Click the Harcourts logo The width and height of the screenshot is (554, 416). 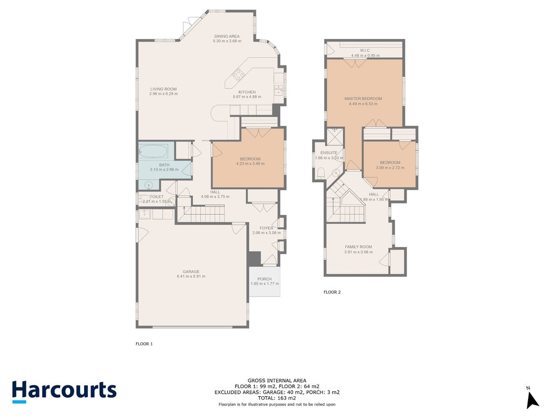click(x=64, y=392)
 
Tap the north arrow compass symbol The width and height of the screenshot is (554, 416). click(x=532, y=398)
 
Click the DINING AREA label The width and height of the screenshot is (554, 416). click(x=227, y=36)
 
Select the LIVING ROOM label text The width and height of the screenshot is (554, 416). click(x=163, y=89)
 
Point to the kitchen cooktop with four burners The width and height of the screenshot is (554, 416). click(x=238, y=75)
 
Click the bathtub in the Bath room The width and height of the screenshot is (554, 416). click(x=154, y=151)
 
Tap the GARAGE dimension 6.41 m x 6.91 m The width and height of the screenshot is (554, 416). click(x=191, y=276)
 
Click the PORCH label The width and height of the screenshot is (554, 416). click(x=265, y=279)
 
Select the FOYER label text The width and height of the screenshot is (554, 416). click(x=266, y=228)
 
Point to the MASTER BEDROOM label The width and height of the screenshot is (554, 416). click(x=363, y=99)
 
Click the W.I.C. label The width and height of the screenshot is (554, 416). click(x=366, y=50)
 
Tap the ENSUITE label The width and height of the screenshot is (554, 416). click(x=329, y=153)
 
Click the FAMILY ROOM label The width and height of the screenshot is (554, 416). click(x=358, y=247)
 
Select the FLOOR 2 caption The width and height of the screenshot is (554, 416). click(x=332, y=292)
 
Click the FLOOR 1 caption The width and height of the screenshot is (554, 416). click(x=144, y=344)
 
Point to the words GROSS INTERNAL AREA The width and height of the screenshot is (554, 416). click(x=277, y=381)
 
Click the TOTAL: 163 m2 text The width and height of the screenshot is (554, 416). click(x=277, y=398)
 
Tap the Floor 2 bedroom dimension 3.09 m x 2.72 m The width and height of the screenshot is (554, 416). click(x=390, y=167)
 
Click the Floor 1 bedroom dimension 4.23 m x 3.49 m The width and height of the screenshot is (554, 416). click(x=250, y=164)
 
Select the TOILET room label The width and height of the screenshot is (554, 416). click(x=156, y=197)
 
